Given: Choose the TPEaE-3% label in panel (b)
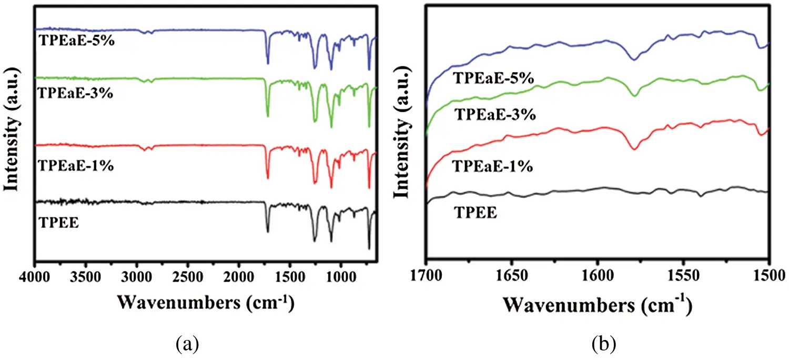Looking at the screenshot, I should click(x=495, y=114).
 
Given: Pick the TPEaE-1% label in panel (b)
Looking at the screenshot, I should click(x=492, y=167).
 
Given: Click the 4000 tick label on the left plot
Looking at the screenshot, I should click(x=35, y=276).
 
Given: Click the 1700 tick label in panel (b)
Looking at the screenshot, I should click(x=426, y=276).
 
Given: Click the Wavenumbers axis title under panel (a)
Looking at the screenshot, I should click(x=204, y=301).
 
